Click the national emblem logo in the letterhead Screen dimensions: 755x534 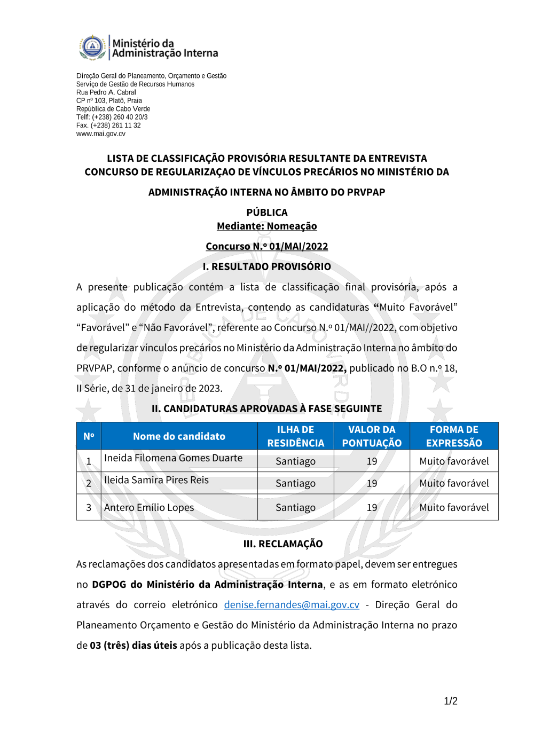[92, 47]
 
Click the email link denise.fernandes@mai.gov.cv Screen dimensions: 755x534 [292, 604]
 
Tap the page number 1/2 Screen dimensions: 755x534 [450, 701]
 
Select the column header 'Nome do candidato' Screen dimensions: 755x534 [179, 436]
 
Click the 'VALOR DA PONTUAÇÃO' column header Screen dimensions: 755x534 [372, 436]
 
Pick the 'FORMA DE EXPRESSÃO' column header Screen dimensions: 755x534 [454, 436]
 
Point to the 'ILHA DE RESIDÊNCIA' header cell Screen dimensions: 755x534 [295, 436]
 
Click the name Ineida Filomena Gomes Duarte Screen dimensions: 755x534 [173, 458]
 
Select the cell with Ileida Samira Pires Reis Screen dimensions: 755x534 [156, 480]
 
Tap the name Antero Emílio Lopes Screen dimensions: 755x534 [149, 508]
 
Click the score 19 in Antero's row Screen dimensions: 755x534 [372, 508]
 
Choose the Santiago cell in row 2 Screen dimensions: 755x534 [295, 483]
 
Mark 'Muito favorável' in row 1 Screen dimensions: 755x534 [454, 461]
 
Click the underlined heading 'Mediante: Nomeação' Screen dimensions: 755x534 [266, 226]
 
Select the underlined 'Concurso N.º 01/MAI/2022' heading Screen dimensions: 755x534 [266, 246]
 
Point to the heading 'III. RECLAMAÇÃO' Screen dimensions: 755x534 [283, 544]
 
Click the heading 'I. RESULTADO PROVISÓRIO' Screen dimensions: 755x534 [266, 266]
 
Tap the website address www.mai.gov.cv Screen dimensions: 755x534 [101, 133]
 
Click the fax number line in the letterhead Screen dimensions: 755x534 [108, 125]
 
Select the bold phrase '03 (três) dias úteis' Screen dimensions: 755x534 [133, 645]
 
